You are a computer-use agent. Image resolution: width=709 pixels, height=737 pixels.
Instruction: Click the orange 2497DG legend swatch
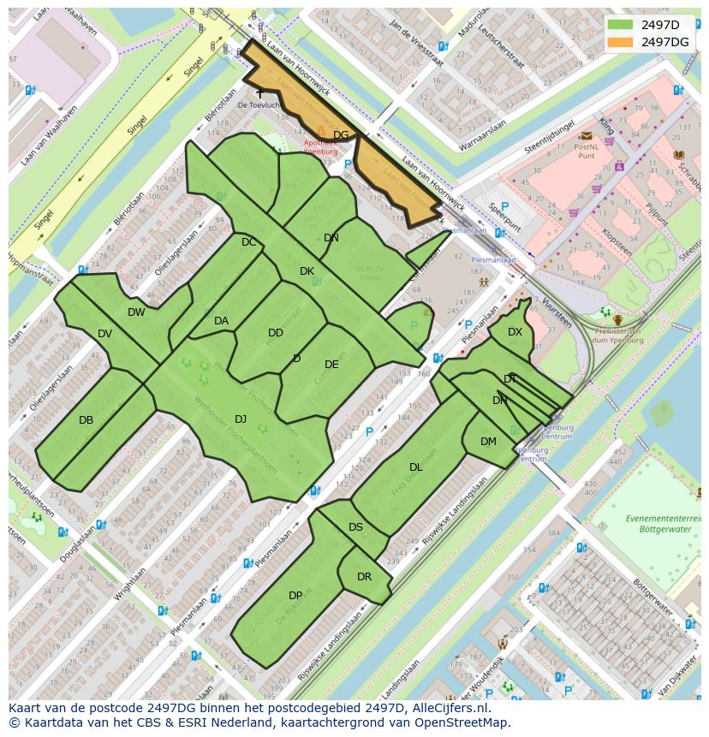click(x=622, y=41)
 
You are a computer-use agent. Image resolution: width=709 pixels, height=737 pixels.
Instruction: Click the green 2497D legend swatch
click(x=622, y=24)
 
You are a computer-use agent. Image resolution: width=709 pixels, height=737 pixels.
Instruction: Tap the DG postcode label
click(x=341, y=135)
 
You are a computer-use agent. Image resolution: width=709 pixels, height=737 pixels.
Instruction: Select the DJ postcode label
click(x=241, y=419)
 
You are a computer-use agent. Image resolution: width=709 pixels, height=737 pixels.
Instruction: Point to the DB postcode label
click(x=86, y=420)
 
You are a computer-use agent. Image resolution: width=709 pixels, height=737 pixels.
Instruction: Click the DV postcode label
click(x=104, y=334)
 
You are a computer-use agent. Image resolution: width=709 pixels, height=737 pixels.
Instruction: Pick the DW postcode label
click(x=136, y=312)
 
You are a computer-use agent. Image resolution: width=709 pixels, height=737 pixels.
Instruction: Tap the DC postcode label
click(x=248, y=242)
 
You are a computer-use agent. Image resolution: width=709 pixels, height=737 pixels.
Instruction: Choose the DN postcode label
click(x=331, y=238)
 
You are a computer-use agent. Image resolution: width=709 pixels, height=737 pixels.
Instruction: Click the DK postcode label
click(x=307, y=271)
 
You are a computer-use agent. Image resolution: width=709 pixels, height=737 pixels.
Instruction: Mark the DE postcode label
click(x=331, y=365)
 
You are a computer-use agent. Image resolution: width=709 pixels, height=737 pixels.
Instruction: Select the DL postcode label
click(x=416, y=467)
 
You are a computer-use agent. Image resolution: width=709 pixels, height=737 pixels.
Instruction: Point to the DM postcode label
click(x=488, y=442)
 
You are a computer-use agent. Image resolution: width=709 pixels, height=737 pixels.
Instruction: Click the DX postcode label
click(x=515, y=332)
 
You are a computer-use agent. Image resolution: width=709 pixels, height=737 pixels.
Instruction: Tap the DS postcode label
click(x=355, y=527)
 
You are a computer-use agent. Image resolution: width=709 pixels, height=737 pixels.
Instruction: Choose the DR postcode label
click(x=364, y=577)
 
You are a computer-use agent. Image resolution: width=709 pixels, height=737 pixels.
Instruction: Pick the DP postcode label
click(x=295, y=596)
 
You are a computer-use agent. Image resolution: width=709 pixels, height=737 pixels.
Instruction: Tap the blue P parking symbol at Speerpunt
click(x=504, y=206)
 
